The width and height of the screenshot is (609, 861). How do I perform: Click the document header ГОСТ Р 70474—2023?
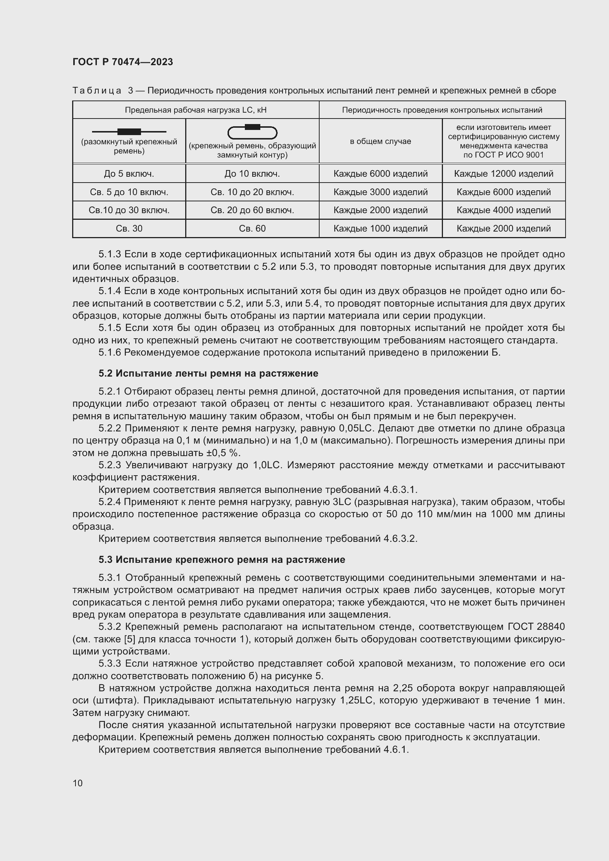(123, 62)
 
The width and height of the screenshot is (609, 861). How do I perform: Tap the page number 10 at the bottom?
(78, 783)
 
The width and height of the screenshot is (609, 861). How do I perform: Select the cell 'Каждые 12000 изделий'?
(504, 174)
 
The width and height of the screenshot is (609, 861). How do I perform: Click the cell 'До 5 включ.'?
(129, 174)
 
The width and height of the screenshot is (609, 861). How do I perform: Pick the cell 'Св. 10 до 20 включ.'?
(252, 192)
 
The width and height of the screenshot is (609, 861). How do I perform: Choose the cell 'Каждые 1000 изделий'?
(380, 228)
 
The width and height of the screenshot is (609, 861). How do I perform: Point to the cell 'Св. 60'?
(252, 228)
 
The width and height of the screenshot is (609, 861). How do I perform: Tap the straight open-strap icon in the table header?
(129, 132)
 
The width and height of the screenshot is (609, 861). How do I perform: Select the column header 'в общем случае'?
(380, 141)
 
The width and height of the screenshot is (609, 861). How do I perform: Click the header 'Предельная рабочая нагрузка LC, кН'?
(196, 110)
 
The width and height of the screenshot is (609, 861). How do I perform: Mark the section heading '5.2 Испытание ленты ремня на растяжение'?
(208, 374)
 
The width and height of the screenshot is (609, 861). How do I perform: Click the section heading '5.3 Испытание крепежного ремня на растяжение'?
(222, 560)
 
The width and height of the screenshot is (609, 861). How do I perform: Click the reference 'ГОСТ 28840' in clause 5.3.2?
(536, 627)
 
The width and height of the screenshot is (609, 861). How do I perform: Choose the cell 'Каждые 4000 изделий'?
(504, 210)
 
